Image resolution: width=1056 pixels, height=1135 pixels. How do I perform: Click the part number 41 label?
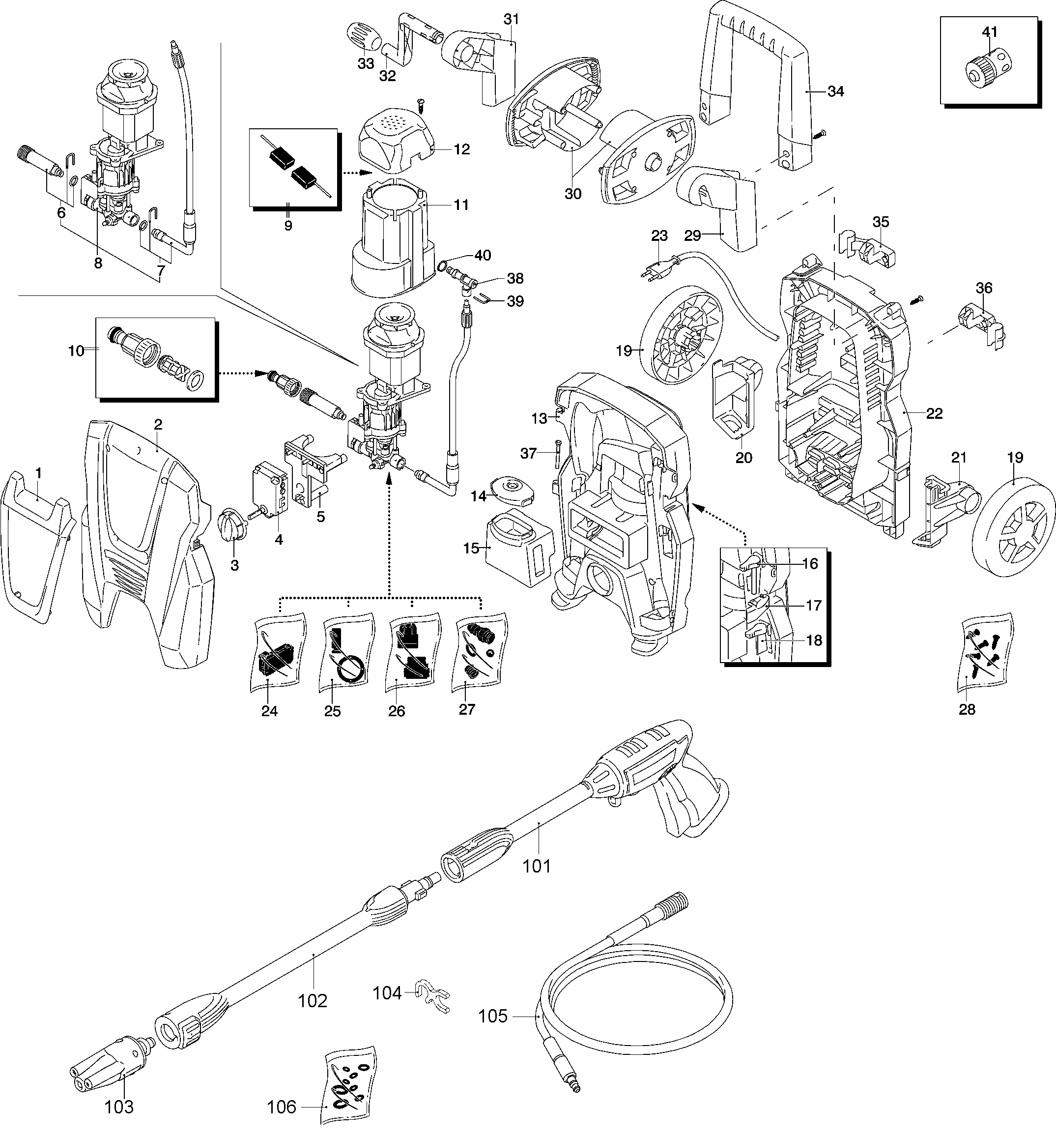989,32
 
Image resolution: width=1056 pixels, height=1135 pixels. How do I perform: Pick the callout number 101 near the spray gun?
537,866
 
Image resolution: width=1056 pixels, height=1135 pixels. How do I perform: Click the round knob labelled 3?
233,524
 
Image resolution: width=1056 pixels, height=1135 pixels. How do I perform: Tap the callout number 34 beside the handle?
836,91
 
